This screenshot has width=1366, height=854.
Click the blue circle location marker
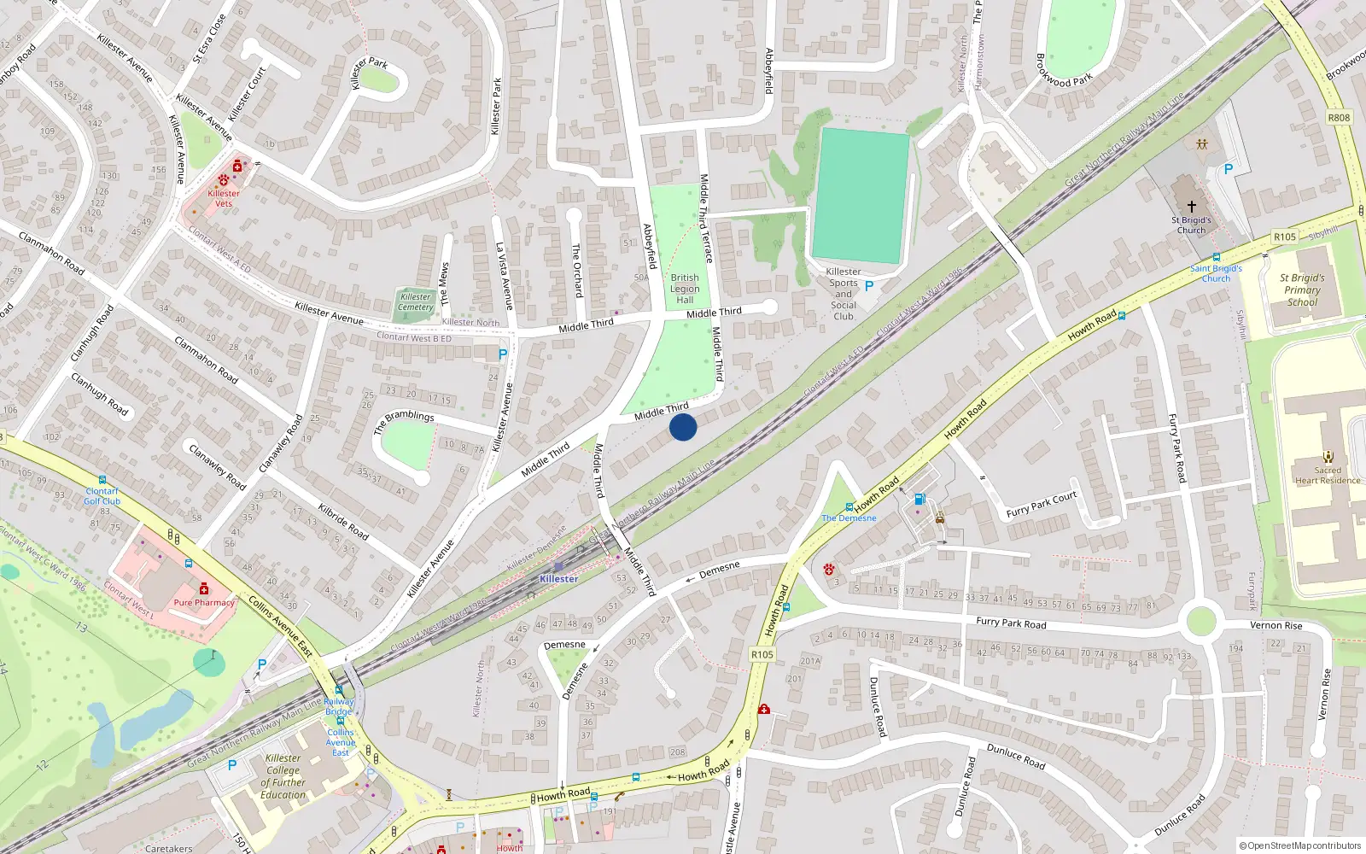683,427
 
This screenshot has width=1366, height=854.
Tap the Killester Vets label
224,198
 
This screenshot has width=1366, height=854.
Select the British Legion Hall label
685,289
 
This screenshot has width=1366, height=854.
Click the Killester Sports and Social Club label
844,294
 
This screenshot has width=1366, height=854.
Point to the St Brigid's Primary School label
1302,290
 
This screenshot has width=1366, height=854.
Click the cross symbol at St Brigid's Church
1192,207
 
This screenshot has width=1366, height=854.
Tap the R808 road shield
1339,118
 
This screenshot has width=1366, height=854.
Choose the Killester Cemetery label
416,302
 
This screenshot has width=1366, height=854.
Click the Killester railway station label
558,579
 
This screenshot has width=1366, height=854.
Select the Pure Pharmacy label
204,602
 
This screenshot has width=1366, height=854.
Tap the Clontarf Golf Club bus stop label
102,496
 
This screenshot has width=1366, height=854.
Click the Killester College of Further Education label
283,776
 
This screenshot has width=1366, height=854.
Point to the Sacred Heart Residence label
1328,475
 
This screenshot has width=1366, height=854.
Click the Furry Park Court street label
1041,505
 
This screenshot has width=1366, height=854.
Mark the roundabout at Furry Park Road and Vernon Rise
1200,621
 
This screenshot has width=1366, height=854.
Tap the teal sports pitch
861,196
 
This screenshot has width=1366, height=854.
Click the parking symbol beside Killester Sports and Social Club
869,286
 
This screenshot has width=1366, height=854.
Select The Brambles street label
404,421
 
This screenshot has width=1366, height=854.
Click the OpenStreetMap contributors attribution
1299,845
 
